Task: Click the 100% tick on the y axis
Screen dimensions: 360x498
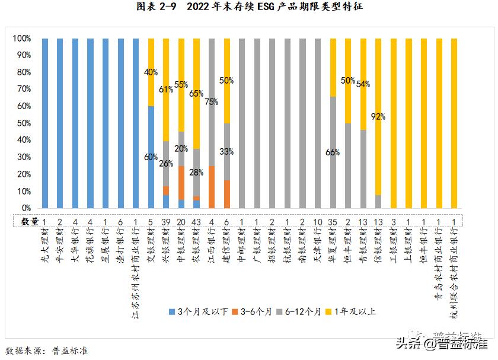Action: [x=21, y=39]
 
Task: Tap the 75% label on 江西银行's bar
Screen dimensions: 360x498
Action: [x=212, y=101]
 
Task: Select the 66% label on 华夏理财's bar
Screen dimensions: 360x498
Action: [x=333, y=152]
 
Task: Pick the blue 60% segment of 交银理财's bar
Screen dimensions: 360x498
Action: [x=151, y=157]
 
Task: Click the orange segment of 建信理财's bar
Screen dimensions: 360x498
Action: [x=227, y=194]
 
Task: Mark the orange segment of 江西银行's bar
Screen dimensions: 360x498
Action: [x=212, y=187]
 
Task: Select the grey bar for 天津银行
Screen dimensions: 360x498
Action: [x=318, y=123]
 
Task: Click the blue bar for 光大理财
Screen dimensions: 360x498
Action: [x=45, y=123]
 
